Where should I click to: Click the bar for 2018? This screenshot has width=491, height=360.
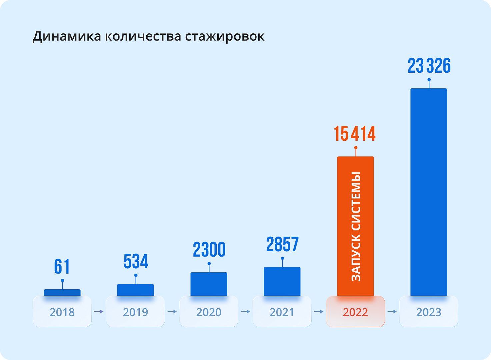[x=62, y=293]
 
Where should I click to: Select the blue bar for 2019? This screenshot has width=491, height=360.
[x=136, y=290]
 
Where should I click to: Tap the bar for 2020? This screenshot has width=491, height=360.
[x=209, y=284]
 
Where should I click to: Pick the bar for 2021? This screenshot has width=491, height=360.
[x=282, y=281]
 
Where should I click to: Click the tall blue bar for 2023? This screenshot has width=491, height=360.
[x=429, y=192]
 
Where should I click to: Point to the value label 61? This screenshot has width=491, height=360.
[x=62, y=267]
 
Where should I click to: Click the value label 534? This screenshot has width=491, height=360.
[x=136, y=261]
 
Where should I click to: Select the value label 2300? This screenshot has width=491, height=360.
[x=209, y=250]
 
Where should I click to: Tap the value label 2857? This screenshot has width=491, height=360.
[x=282, y=245]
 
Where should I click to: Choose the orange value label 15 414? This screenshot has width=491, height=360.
[x=355, y=134]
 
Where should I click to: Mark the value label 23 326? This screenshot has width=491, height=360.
[x=429, y=66]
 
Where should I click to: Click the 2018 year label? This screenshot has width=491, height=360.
[x=62, y=312]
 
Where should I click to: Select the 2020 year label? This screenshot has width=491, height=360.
[x=209, y=312]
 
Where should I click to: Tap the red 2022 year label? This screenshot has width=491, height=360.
[x=355, y=312]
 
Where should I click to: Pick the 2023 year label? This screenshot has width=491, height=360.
[x=429, y=312]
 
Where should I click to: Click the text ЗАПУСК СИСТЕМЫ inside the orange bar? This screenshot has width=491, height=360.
[x=356, y=227]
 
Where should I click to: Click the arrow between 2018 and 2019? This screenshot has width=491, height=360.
[x=99, y=312]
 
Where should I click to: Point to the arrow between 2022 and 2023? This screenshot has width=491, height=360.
[x=392, y=312]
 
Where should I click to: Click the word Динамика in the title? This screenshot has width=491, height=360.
[x=67, y=36]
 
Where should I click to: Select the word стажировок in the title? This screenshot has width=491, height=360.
[x=225, y=36]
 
